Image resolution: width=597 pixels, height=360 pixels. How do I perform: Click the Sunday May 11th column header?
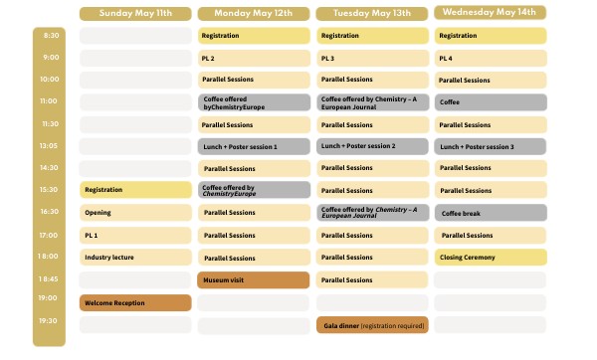134,13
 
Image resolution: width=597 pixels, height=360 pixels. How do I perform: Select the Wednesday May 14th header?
491,13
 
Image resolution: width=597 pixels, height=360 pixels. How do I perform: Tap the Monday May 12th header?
254,13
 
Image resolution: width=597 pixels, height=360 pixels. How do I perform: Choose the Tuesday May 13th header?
372,13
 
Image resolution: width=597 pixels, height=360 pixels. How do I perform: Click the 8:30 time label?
49,36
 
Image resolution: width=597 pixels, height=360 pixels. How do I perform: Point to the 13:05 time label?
49,146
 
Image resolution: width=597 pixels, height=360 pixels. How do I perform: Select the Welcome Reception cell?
134,302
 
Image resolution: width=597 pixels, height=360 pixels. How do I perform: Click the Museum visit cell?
254,280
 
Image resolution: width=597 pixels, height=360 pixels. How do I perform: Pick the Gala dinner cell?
372,325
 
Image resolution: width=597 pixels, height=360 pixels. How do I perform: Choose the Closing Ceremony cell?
491,258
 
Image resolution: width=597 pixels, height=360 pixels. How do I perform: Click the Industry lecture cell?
134,258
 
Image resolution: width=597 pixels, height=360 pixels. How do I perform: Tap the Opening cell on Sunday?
134,213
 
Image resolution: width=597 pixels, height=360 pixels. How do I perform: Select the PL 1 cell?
134,236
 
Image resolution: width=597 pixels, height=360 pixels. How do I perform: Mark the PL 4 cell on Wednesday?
491,58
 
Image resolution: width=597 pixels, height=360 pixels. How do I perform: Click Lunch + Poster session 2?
372,146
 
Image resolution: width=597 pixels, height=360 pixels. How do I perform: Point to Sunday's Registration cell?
134,190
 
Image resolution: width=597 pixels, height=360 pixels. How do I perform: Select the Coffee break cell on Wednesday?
491,213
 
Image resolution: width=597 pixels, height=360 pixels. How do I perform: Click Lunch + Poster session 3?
491,146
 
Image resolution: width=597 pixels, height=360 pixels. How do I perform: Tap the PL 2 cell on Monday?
254,58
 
